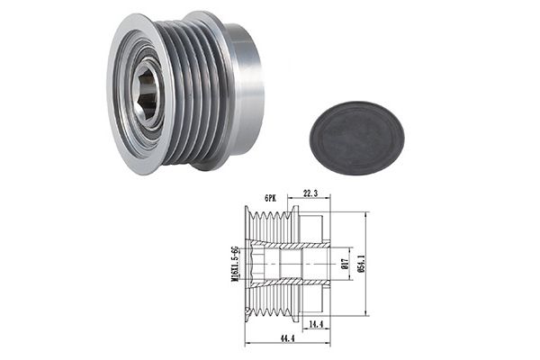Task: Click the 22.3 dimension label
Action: [x=310, y=193]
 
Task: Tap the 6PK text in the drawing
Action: [x=270, y=198]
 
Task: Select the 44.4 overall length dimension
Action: [x=287, y=338]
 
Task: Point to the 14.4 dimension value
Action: [x=316, y=324]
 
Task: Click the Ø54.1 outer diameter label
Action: [x=361, y=264]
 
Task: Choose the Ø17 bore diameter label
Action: [x=346, y=264]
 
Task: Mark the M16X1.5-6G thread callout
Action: [x=236, y=264]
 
